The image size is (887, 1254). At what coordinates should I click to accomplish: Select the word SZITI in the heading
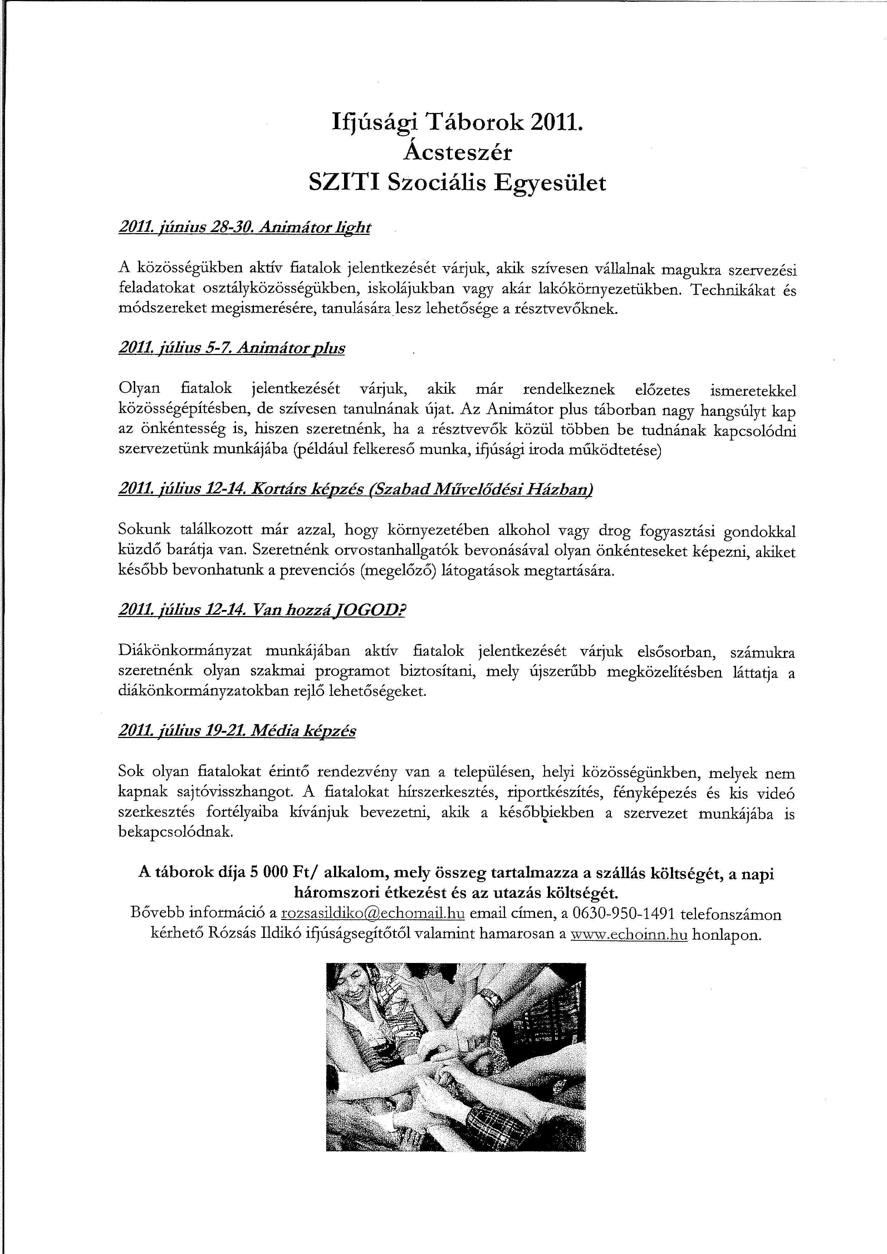tap(344, 183)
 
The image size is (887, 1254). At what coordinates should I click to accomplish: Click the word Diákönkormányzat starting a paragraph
tap(184, 651)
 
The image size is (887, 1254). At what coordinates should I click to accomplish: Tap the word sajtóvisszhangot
tap(238, 793)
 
